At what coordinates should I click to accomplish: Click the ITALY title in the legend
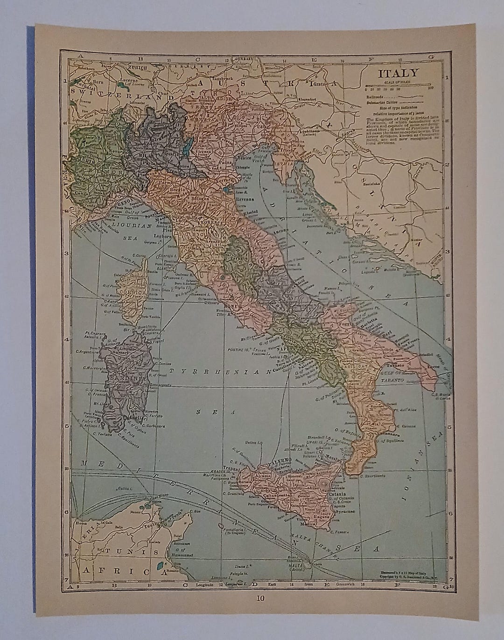pos(398,74)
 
